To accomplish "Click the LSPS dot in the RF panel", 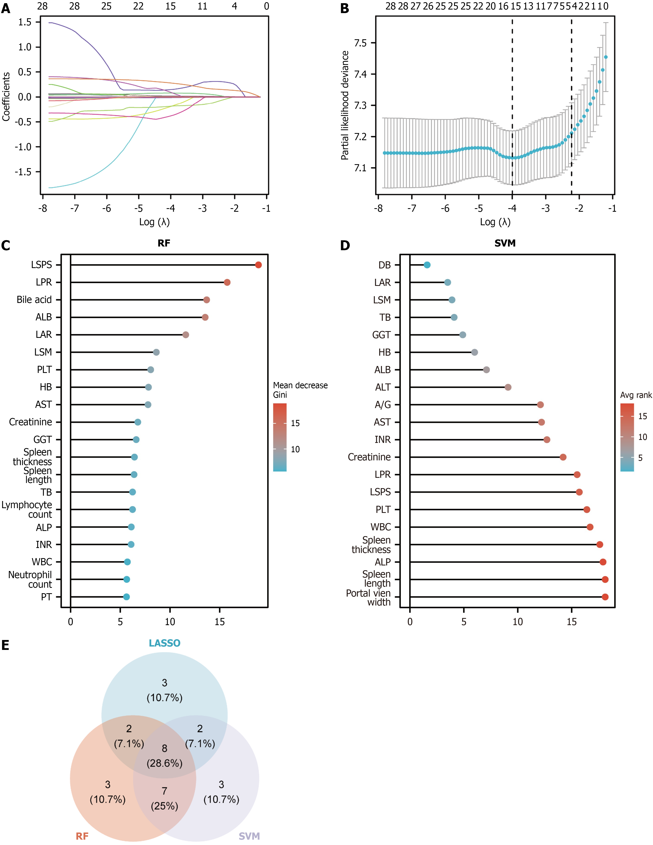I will (x=258, y=265).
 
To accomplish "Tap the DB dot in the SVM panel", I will (x=427, y=265).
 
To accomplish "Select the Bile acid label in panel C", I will (x=34, y=300).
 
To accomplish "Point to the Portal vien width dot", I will (x=605, y=597).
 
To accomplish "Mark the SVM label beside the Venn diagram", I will (x=249, y=836).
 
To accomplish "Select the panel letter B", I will (x=344, y=9).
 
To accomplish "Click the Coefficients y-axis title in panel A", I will (x=6, y=97).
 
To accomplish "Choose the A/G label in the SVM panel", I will (x=383, y=405).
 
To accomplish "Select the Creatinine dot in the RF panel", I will (x=138, y=422).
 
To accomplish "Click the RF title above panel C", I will (x=164, y=243).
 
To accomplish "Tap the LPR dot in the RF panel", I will (x=227, y=283).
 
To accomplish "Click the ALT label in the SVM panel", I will (x=383, y=387).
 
